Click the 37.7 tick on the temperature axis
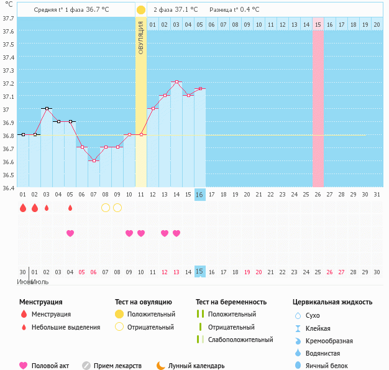pos(8,19)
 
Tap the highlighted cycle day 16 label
pos(199,195)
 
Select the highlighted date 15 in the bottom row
pos(199,271)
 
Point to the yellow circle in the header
pos(141,10)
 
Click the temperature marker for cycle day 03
pos(47,109)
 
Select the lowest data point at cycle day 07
pos(94,160)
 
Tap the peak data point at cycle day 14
pos(176,82)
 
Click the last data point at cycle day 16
pos(200,89)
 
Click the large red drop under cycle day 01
pos(23,208)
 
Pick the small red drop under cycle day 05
pos(70,208)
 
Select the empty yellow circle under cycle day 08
pos(106,208)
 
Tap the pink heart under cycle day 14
pos(176,233)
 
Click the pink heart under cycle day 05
pos(70,233)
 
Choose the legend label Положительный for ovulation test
pos(151,314)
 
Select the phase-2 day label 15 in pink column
pos(318,24)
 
